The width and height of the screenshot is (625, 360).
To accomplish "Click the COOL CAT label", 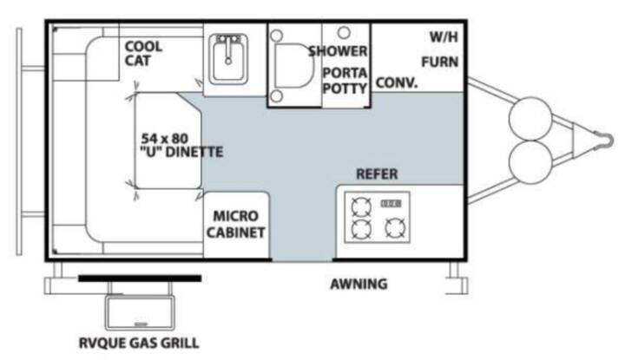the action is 143,54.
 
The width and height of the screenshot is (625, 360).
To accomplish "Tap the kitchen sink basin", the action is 228,59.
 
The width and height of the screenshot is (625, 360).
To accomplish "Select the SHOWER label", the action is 338,51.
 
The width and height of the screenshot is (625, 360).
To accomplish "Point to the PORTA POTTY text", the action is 345,81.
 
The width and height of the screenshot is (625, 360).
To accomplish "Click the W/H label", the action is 444,37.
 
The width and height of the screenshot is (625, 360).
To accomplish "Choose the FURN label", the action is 439,62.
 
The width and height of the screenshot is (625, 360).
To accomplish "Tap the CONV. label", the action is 397,82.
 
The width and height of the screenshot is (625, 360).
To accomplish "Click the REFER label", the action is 377,174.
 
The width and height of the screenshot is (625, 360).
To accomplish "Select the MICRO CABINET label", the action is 235,224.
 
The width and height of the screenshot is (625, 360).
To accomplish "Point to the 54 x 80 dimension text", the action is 165,139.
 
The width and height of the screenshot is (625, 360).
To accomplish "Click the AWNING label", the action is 359,284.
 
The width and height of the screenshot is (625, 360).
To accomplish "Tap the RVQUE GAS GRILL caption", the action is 139,343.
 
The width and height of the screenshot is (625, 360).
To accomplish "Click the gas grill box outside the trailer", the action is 140,312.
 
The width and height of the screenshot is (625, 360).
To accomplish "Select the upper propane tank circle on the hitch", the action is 530,119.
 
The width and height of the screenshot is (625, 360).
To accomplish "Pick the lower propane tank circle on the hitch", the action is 530,162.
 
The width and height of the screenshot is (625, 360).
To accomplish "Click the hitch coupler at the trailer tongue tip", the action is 605,141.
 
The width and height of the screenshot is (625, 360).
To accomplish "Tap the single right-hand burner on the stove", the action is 396,228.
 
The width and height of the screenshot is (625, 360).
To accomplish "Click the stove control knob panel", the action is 391,204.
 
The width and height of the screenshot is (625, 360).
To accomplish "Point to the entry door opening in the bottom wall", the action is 302,260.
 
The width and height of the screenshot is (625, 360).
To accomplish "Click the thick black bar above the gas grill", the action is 140,278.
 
